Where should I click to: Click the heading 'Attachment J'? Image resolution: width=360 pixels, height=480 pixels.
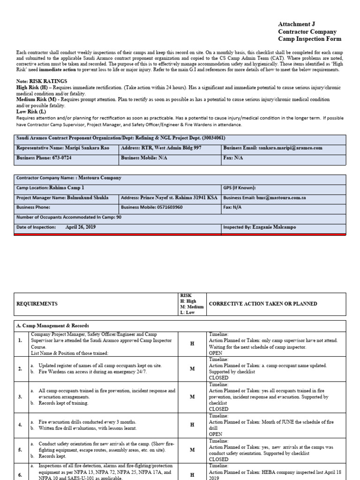294,24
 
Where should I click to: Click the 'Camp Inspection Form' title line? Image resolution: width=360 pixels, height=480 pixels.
310,39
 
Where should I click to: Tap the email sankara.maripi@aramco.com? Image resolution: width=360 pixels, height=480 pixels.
290,148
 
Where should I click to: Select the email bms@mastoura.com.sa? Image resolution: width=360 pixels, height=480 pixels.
281,198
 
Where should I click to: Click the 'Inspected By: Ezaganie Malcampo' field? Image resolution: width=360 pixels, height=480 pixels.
259,227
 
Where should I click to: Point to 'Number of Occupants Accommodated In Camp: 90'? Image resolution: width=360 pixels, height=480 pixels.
69,217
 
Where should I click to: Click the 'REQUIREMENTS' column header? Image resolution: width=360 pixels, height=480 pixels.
37,304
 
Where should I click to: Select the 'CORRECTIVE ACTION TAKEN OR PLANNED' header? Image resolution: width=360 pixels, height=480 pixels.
262,304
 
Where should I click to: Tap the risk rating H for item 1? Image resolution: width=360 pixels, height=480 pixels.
191,344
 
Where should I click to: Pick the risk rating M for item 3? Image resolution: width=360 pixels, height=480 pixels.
191,397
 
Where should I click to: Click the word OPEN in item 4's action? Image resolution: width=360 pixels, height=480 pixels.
216,434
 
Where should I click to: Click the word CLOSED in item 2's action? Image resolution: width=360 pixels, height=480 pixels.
218,377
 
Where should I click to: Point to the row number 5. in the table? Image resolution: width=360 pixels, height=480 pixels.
20,450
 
